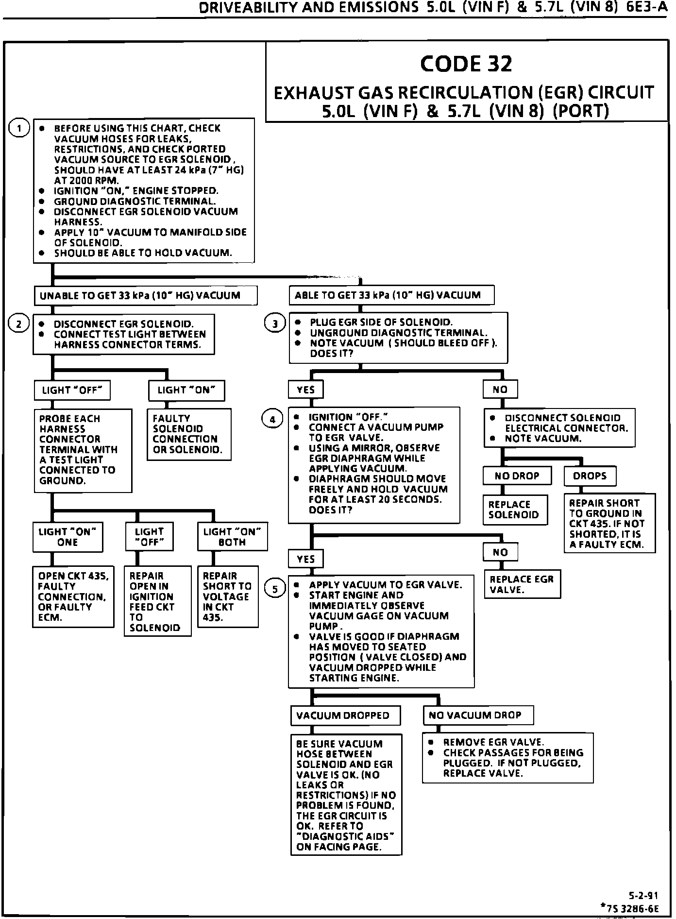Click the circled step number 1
point(19,128)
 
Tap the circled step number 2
point(19,324)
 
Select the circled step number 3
point(275,323)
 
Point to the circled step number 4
point(272,419)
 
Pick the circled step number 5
point(275,589)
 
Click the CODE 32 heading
point(466,64)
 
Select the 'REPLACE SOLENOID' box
point(515,510)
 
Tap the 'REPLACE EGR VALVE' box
point(522,584)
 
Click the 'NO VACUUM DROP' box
point(478,715)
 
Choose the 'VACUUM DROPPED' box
point(345,715)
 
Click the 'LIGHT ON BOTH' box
point(232,537)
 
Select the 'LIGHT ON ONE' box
point(68,537)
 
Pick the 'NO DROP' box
point(517,476)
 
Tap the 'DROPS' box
point(590,476)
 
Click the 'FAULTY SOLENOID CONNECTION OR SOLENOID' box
point(188,434)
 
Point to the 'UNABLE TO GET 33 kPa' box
point(145,295)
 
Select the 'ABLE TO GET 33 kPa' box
point(391,295)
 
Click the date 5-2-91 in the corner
point(643,895)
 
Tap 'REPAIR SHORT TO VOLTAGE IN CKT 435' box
point(227,596)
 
